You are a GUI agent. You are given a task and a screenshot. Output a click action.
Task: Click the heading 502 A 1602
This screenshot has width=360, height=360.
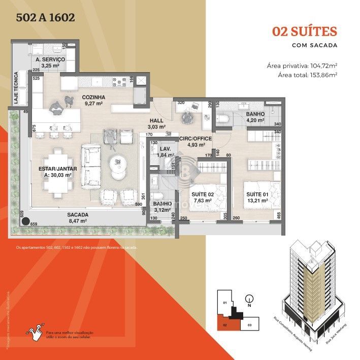46,18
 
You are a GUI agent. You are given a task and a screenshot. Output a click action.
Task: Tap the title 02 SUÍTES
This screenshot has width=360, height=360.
305,31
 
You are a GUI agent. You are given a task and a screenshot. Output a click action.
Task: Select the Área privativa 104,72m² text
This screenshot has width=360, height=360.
302,66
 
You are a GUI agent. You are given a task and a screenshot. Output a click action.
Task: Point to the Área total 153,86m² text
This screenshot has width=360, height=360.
308,75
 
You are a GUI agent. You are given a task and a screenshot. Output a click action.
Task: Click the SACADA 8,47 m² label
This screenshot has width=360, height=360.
78,218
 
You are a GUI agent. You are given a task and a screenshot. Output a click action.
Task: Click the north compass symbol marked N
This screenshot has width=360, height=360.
249,299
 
